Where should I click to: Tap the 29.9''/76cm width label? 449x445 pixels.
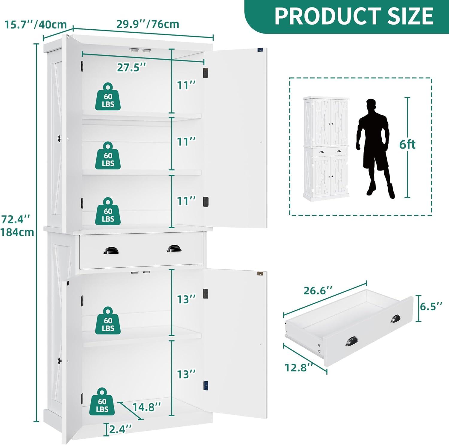point(148,24)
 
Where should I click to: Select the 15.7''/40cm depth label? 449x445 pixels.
point(35,24)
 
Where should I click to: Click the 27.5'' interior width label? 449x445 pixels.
point(131,67)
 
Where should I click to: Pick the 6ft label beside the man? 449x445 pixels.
point(407,145)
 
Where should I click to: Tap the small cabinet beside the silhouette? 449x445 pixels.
point(326,148)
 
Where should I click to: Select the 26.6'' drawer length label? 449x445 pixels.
point(318,290)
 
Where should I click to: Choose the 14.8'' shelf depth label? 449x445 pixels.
point(147,407)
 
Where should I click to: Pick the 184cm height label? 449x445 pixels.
point(17,232)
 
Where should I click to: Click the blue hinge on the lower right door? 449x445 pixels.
point(206,385)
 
